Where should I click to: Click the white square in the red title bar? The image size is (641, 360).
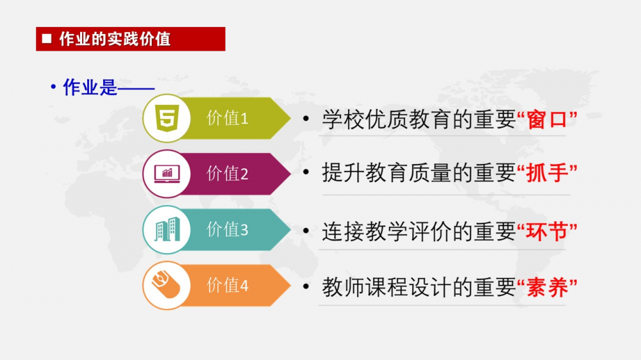pos(47,38)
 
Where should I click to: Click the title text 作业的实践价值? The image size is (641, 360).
pos(115,39)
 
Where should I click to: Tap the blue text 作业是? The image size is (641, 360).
pos(90,87)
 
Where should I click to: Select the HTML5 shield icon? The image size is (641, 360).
pos(167,118)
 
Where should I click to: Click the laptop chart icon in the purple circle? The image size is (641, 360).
pos(167,174)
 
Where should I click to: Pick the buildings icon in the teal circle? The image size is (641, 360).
pos(167,229)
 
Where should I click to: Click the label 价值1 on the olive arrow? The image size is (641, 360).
pos(228,118)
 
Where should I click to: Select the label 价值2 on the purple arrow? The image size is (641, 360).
pos(228,174)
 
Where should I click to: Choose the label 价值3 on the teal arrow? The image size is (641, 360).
pos(228,229)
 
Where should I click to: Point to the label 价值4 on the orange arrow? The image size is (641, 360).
pos(228,285)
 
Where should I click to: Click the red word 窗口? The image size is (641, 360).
pos(547,119)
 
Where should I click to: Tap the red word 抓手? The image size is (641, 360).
pos(547,173)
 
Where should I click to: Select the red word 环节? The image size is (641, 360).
pos(547,232)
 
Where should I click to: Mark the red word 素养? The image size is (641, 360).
pos(547,287)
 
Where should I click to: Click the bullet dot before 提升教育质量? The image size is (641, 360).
pos(306,172)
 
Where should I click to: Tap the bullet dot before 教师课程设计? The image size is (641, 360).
pos(306,287)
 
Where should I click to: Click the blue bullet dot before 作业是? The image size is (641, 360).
pos(53,86)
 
